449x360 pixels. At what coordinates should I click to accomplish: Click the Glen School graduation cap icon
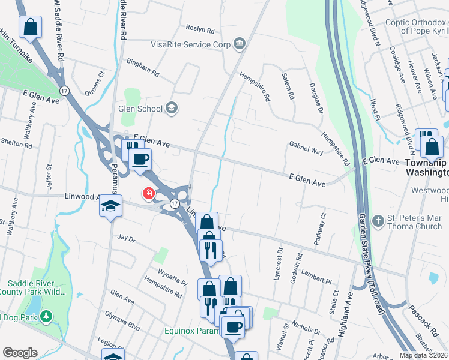(x=172, y=108)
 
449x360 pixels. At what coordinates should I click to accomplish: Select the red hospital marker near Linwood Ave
(x=147, y=194)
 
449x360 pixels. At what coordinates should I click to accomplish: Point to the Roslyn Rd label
(x=200, y=29)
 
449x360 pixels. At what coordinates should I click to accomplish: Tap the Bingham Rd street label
(x=142, y=67)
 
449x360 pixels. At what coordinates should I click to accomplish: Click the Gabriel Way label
(x=306, y=149)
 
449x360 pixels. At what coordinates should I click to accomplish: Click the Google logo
(x=20, y=353)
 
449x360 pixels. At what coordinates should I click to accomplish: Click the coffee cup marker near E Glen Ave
(x=140, y=160)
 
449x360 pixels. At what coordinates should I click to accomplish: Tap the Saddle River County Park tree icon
(x=46, y=316)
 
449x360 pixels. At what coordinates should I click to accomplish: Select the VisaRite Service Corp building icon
(x=240, y=43)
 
